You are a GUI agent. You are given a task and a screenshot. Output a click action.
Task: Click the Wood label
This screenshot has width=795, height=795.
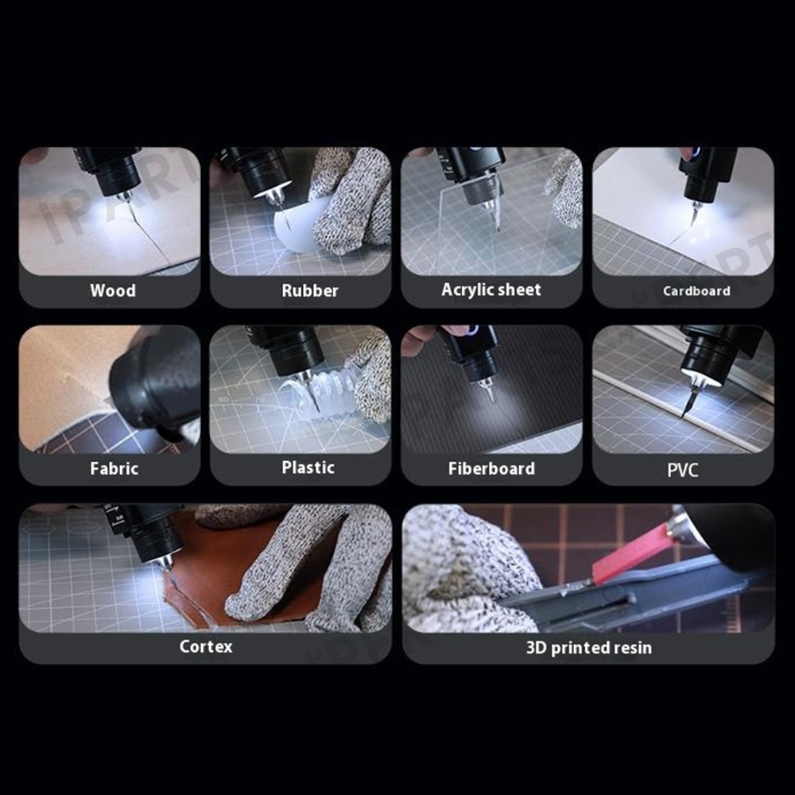(x=113, y=290)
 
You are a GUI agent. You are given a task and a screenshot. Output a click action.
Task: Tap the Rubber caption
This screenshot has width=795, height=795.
(x=310, y=290)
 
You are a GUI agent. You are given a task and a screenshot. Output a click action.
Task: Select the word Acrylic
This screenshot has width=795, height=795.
(x=464, y=290)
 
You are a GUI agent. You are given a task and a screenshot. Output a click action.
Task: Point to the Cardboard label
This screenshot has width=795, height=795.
(x=696, y=291)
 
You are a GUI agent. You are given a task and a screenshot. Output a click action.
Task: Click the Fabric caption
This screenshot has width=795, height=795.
(x=114, y=468)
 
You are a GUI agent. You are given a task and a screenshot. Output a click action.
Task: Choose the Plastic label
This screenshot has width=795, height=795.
(x=308, y=467)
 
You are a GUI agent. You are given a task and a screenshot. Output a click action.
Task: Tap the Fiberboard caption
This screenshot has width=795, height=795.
(x=491, y=468)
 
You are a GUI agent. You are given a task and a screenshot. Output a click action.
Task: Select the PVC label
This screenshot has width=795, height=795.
(x=682, y=470)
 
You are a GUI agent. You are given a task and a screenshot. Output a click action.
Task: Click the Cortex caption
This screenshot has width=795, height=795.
(x=206, y=646)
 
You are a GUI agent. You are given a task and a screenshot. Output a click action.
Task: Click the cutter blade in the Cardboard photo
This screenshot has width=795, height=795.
(x=692, y=216)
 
